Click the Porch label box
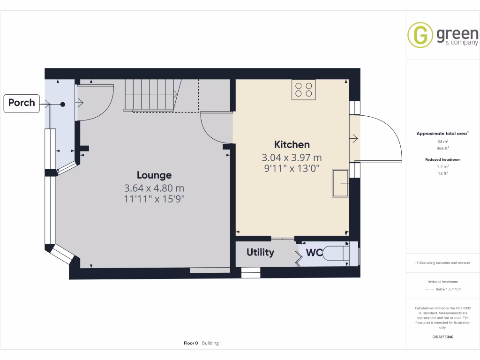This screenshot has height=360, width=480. click(22, 103)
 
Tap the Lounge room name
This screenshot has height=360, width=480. click(154, 175)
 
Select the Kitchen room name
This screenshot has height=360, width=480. click(292, 144)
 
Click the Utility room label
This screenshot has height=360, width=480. click(260, 253)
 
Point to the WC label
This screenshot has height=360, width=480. click(314, 253)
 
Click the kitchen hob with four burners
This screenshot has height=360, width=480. click(304, 90)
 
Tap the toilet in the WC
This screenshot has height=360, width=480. click(337, 253)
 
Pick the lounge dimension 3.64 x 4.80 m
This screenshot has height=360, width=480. click(154, 188)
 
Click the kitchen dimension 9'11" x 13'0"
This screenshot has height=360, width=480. click(292, 168)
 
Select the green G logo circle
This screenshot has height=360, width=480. click(420, 35)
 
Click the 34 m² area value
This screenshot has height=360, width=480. click(442, 141)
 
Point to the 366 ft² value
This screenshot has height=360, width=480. click(442, 148)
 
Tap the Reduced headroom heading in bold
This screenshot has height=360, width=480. click(442, 159)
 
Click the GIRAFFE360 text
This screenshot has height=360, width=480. click(442, 337)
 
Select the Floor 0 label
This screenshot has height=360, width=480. click(191, 343)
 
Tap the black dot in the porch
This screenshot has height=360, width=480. click(62, 104)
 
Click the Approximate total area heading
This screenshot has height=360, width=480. click(442, 134)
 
